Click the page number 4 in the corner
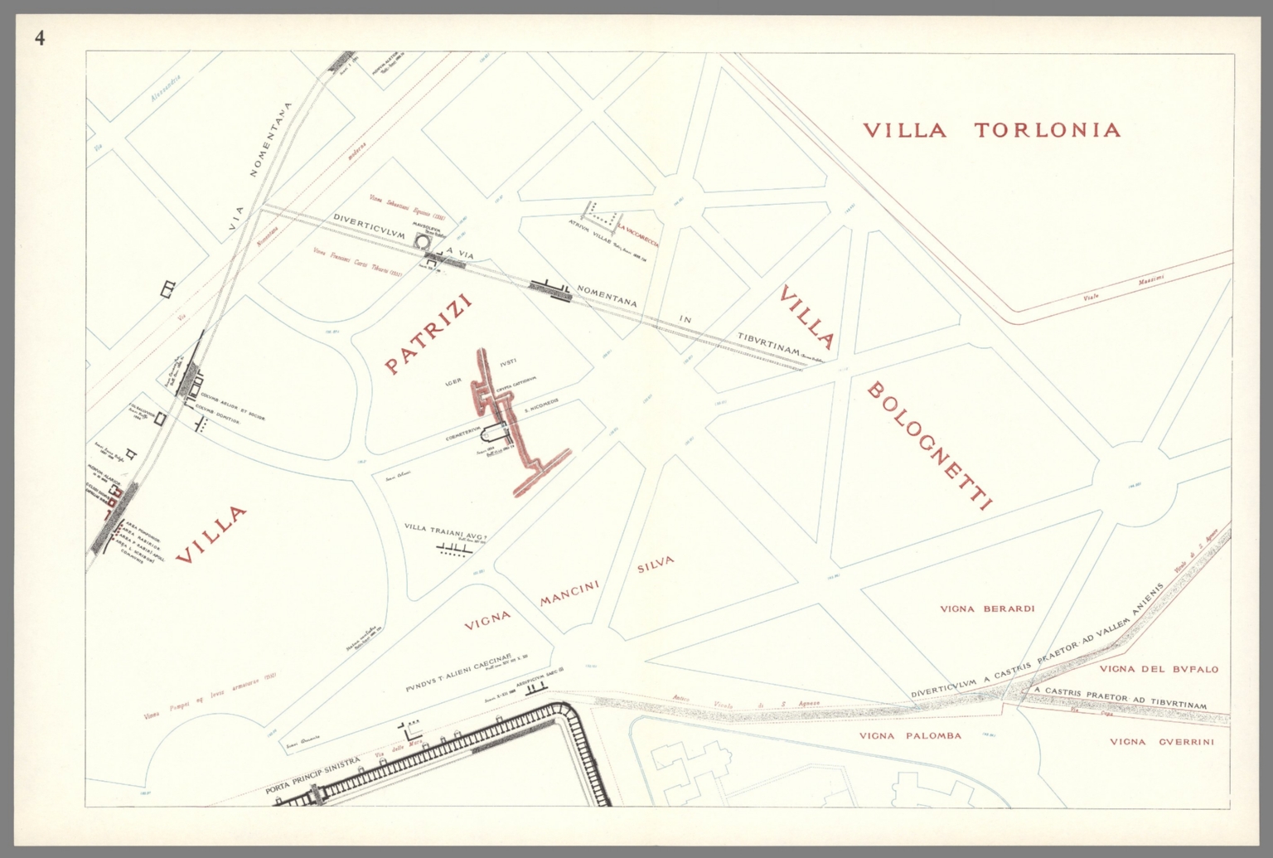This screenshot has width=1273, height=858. (40, 37)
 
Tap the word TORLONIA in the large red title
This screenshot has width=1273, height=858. (1047, 130)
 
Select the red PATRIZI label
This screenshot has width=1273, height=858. (428, 334)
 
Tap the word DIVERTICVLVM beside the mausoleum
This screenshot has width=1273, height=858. (369, 226)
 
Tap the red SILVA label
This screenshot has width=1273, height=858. (656, 565)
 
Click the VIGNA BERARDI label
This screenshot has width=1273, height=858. (987, 608)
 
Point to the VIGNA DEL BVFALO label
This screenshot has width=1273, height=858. (1159, 669)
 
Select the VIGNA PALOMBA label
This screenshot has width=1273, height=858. (910, 735)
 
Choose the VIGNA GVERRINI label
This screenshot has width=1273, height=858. (1161, 742)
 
